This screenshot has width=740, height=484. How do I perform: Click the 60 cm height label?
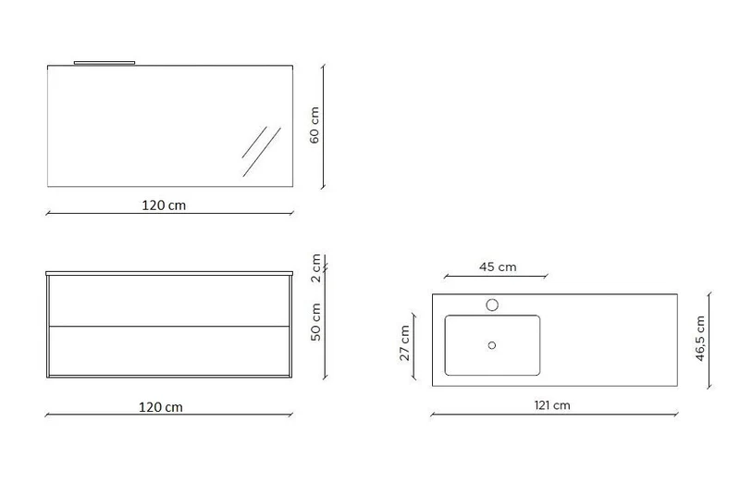314,125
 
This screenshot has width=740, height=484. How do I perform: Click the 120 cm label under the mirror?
164,205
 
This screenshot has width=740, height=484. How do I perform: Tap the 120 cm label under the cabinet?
160,407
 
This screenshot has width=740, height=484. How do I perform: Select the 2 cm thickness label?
316,267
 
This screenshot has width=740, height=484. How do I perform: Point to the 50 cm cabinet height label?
316,321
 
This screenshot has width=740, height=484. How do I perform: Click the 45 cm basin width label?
498,267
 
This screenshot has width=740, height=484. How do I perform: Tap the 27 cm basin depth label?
405,343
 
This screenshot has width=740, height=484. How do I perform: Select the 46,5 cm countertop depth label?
700,339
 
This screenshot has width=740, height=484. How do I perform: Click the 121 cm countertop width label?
552,405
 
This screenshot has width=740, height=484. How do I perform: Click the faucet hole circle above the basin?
492,305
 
